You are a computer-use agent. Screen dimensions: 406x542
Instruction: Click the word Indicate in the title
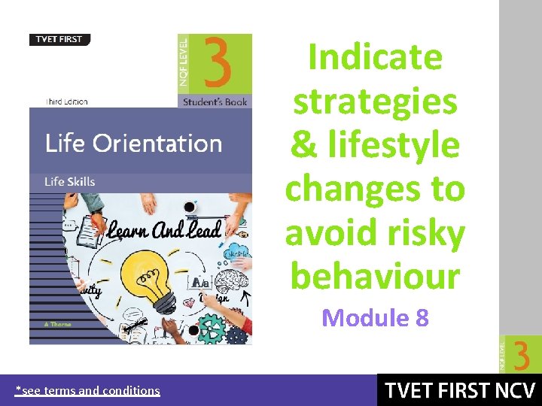pyautogui.click(x=375, y=57)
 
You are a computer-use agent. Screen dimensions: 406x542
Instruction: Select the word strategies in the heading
pyautogui.click(x=375, y=101)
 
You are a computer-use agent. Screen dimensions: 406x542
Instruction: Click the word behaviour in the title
pyautogui.click(x=375, y=277)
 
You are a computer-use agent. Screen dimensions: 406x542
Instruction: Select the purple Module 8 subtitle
pyautogui.click(x=375, y=318)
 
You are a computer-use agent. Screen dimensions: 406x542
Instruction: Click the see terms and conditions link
pyautogui.click(x=88, y=390)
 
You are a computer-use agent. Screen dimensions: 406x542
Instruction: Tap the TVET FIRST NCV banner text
pyautogui.click(x=459, y=391)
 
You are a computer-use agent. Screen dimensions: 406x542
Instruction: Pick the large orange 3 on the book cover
pyautogui.click(x=216, y=62)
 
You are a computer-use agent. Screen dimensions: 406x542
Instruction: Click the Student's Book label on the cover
pyautogui.click(x=215, y=101)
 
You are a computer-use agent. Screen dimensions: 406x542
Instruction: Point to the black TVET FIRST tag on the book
pyautogui.click(x=59, y=40)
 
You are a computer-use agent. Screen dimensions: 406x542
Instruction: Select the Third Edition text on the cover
pyautogui.click(x=67, y=101)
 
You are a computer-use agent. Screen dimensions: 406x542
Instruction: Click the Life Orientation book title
pyautogui.click(x=133, y=143)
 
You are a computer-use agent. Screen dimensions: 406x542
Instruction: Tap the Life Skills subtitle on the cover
pyautogui.click(x=70, y=181)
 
